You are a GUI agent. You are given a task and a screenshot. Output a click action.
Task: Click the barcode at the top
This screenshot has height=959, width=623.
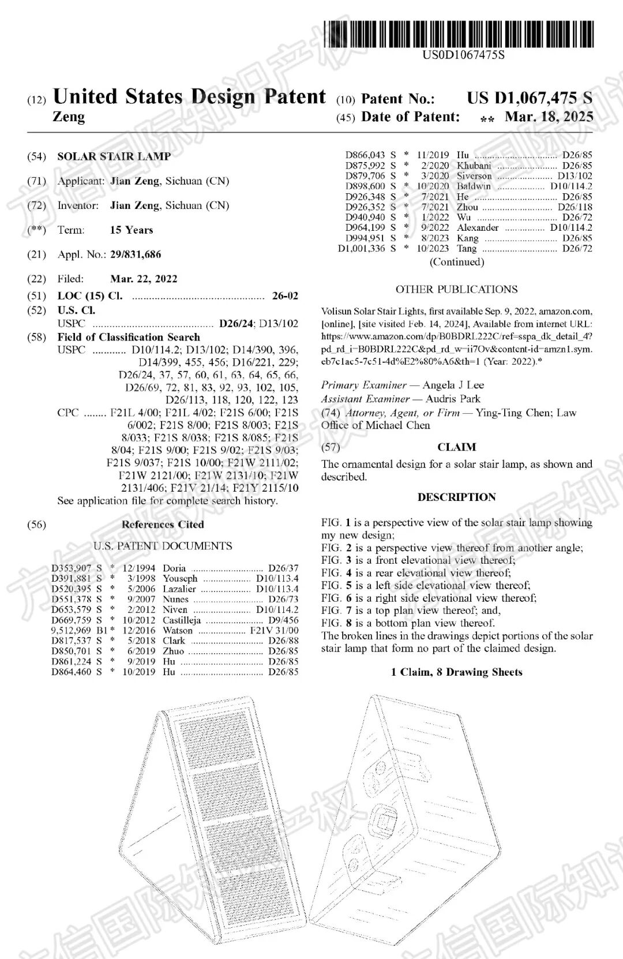click(x=459, y=33)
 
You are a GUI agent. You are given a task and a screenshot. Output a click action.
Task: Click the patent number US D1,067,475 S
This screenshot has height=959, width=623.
click(x=529, y=98)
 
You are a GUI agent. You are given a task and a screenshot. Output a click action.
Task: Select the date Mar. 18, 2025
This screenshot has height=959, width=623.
click(x=549, y=117)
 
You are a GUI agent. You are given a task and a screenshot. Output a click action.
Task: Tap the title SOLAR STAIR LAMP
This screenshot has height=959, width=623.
click(x=114, y=156)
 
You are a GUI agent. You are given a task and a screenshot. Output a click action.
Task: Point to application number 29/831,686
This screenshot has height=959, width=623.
click(x=136, y=254)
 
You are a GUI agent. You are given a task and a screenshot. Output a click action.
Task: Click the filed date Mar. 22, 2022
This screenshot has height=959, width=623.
click(x=144, y=279)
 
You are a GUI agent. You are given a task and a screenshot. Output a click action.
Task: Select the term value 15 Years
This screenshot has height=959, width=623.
click(x=132, y=230)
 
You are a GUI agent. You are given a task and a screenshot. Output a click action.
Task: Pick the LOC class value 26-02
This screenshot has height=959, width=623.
click(x=285, y=296)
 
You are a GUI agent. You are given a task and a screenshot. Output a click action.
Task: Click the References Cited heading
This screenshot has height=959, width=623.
click(x=163, y=525)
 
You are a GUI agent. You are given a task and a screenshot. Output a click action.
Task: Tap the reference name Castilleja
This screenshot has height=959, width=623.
click(x=182, y=620)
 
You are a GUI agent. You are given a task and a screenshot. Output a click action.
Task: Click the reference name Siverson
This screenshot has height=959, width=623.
click(x=474, y=176)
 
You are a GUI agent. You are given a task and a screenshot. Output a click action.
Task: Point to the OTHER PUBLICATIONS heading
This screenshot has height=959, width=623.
click(x=456, y=290)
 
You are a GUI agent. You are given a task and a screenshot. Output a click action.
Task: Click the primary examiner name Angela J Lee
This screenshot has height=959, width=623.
click(x=453, y=385)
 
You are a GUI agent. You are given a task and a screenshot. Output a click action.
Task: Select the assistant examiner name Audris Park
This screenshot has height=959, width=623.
click(x=453, y=399)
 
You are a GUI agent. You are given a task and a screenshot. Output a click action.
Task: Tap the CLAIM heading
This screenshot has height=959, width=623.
click(x=456, y=447)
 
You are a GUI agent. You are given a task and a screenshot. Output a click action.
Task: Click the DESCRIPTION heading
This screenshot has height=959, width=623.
click(x=456, y=497)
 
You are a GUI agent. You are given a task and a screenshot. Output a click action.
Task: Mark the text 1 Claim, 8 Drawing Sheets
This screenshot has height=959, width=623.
click(x=456, y=672)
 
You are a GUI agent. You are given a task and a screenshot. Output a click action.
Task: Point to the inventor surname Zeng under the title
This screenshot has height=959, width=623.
click(x=69, y=117)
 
